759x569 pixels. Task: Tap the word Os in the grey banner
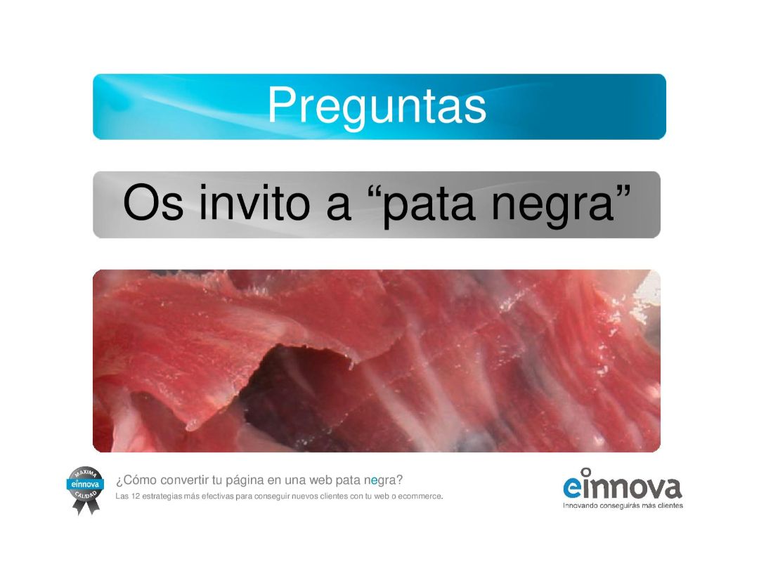(153, 203)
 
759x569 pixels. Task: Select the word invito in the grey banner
(254, 202)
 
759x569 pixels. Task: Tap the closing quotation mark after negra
(623, 190)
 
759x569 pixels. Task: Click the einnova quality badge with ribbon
(85, 490)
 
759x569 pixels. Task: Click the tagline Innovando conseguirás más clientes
(623, 506)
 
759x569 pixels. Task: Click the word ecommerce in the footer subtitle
(420, 497)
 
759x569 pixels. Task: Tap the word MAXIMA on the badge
(86, 473)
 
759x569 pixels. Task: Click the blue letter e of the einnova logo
(571, 488)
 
